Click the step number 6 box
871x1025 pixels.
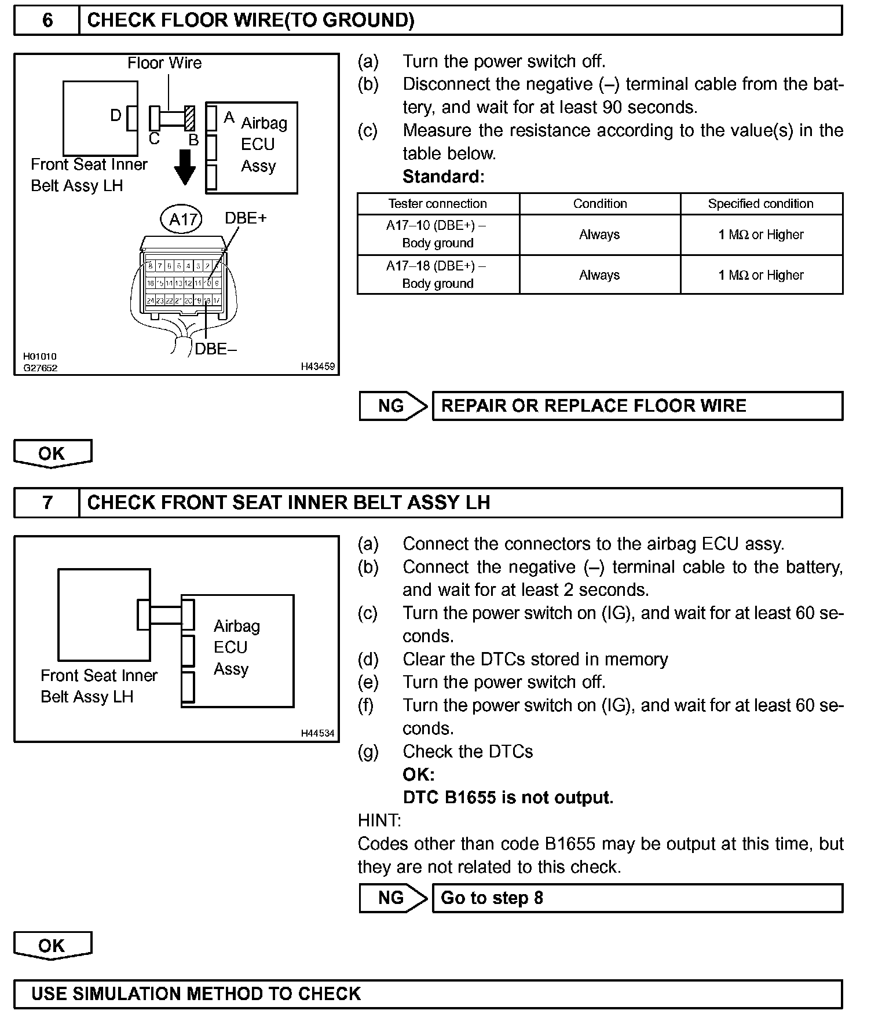click(47, 21)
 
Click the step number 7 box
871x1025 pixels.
click(47, 502)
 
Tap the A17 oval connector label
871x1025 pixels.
click(182, 219)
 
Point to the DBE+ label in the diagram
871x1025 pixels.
click(246, 218)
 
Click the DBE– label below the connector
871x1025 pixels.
click(215, 349)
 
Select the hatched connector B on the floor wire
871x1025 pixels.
click(189, 119)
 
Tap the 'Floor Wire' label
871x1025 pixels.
click(164, 63)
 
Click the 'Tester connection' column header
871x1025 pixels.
click(438, 204)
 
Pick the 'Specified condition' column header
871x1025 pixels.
click(760, 204)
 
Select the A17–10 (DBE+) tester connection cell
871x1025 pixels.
click(438, 234)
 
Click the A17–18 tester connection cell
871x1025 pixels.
click(438, 274)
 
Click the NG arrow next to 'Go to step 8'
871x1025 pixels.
click(393, 898)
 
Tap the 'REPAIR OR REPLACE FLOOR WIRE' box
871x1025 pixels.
click(637, 406)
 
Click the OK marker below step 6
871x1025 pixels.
click(52, 453)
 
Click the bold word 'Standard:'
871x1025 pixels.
click(443, 177)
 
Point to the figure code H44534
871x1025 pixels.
click(317, 733)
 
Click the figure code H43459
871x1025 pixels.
click(317, 367)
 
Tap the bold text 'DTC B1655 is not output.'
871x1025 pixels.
click(508, 797)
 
